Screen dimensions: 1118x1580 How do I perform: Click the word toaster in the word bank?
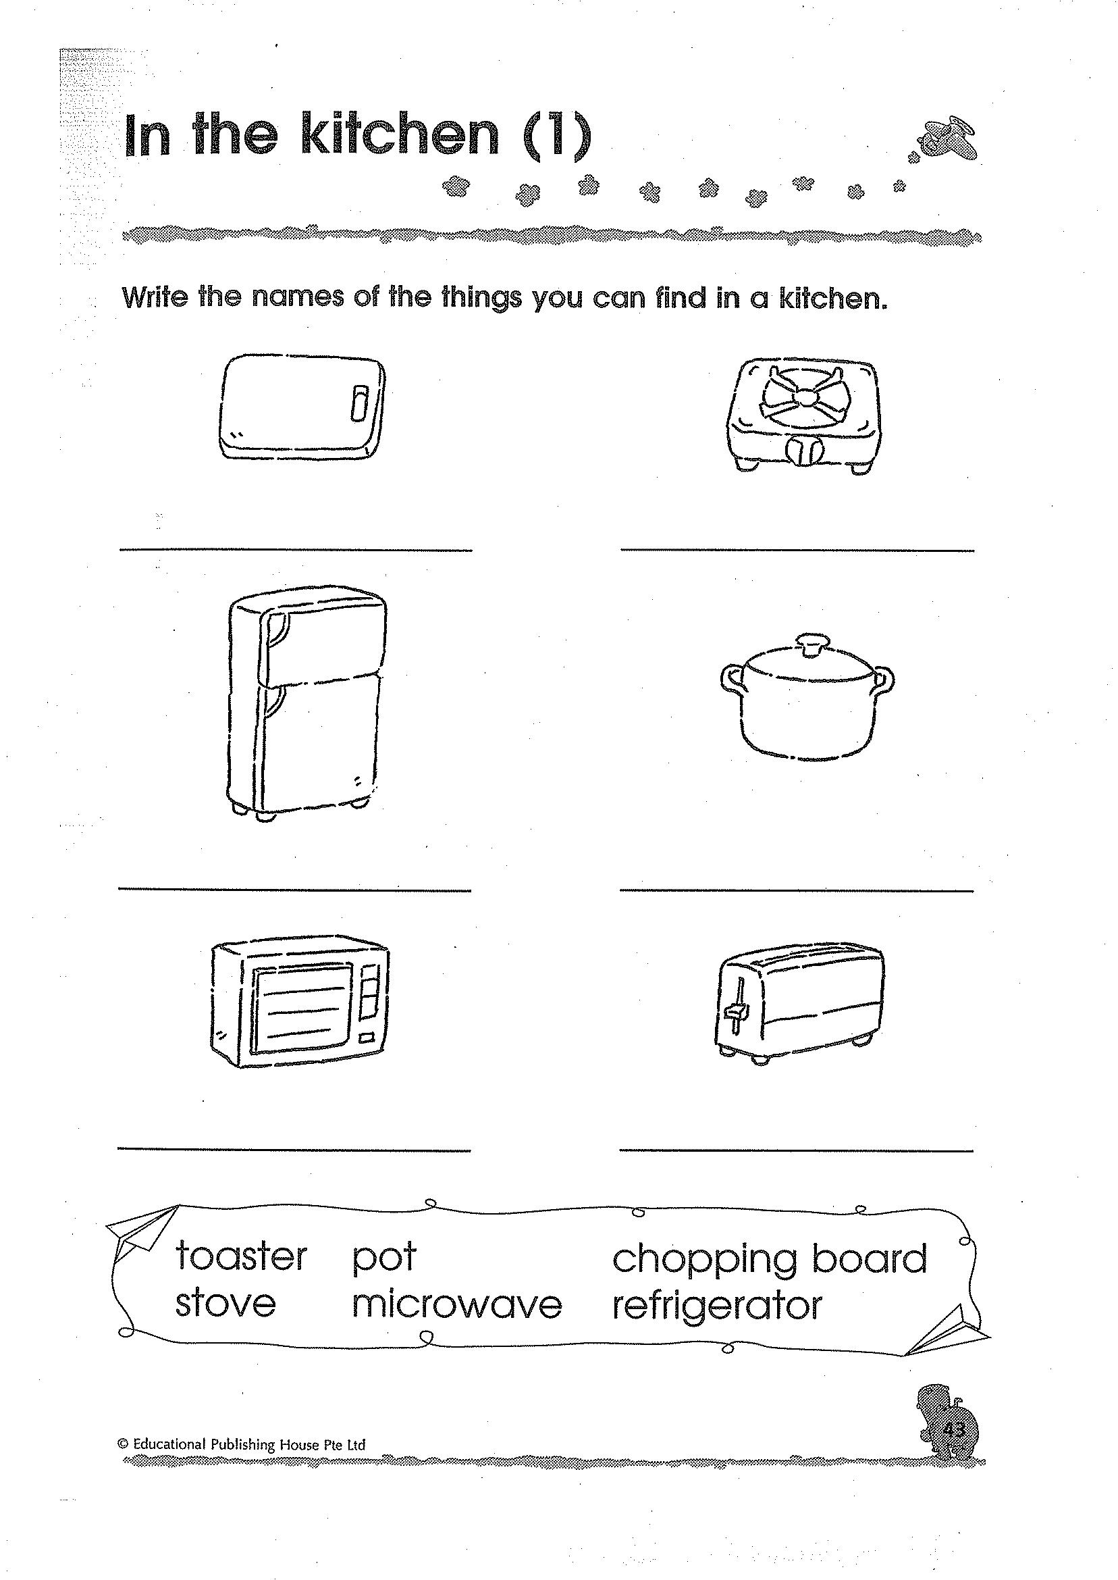point(241,1256)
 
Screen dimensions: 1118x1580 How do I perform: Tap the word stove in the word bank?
point(225,1304)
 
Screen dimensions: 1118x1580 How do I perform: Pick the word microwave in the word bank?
point(456,1305)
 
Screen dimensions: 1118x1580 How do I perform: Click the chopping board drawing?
point(302,407)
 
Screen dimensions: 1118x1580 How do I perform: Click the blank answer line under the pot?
point(797,891)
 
